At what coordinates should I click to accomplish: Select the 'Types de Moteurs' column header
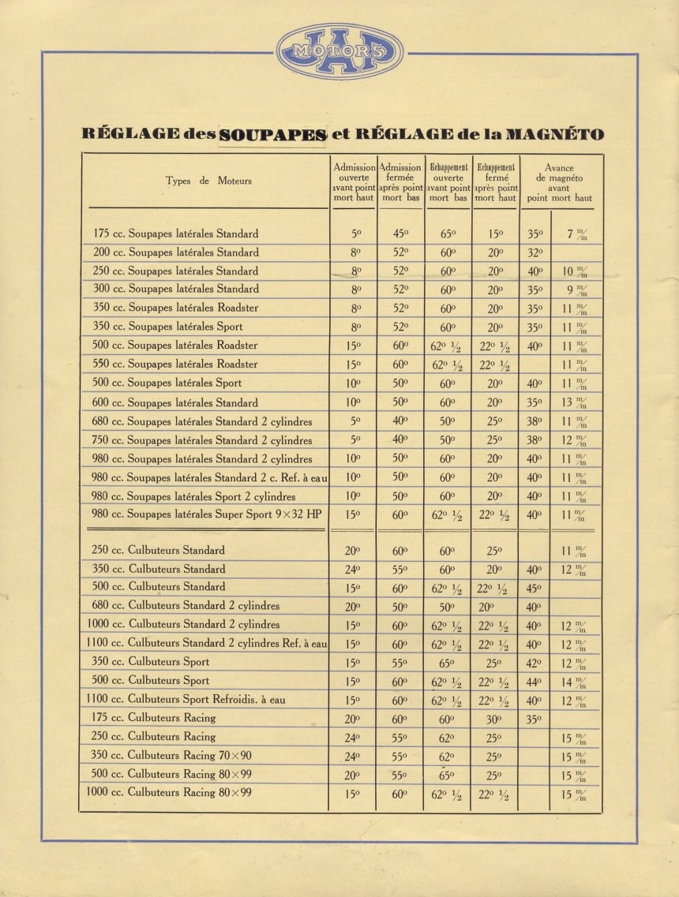tap(208, 181)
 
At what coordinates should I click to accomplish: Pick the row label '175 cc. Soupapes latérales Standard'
tap(175, 234)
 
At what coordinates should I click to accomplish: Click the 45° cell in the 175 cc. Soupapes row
tap(400, 234)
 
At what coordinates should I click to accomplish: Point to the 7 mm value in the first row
tap(575, 234)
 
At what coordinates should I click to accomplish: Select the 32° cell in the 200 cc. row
tap(535, 253)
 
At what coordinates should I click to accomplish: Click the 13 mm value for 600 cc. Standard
tap(575, 402)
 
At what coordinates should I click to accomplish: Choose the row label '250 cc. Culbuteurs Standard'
tap(158, 551)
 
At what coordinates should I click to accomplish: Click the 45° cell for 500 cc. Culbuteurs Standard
tap(535, 588)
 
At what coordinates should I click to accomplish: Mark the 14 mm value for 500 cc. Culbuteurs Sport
tap(575, 682)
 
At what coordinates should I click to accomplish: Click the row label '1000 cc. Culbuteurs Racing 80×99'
tap(169, 793)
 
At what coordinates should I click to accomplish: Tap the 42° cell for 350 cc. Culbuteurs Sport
tap(535, 663)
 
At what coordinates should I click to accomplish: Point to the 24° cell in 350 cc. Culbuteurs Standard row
tap(354, 570)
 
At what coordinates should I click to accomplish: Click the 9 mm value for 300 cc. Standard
tap(575, 290)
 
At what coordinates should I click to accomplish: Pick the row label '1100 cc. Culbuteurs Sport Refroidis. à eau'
tap(186, 700)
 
